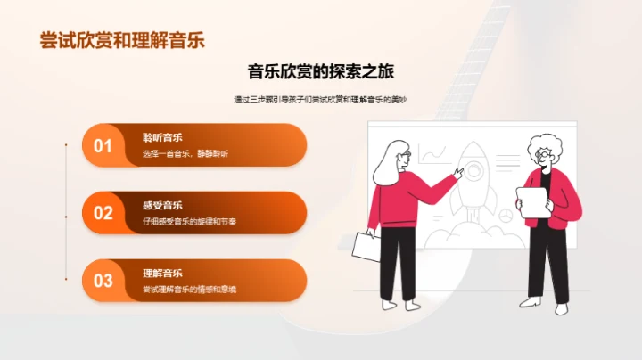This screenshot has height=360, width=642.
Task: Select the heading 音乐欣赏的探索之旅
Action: (320, 72)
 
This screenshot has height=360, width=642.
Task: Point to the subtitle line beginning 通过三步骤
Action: (321, 100)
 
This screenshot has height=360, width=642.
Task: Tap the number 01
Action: (103, 145)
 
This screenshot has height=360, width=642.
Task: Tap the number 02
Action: (103, 213)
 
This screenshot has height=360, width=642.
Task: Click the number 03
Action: (103, 281)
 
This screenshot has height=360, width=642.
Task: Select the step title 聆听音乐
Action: (162, 137)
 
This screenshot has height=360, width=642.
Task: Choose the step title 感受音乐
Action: (162, 205)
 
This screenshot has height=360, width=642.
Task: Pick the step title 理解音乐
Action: (162, 273)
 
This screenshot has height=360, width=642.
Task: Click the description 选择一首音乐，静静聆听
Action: (185, 154)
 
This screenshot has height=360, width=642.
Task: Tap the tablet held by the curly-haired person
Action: (532, 201)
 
